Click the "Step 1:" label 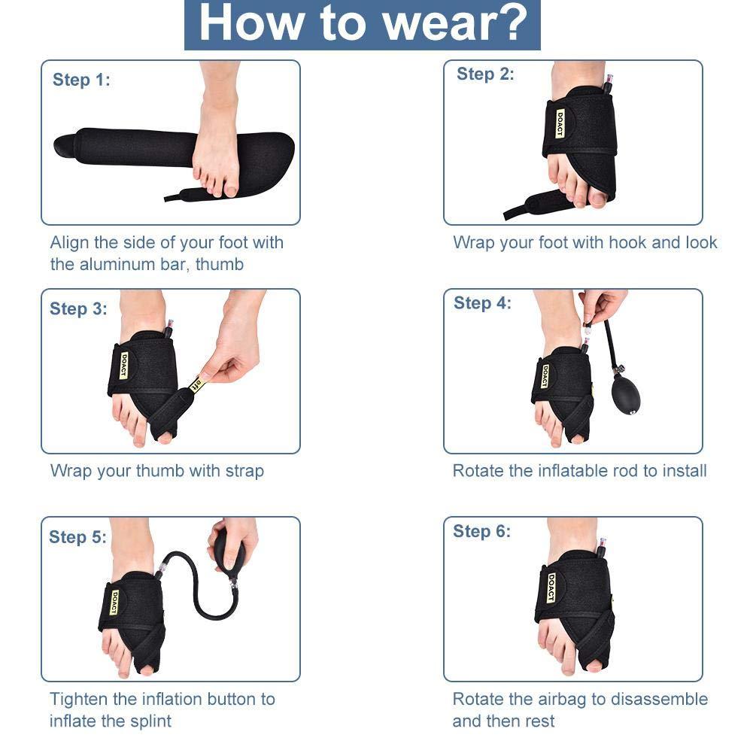pyautogui.click(x=81, y=80)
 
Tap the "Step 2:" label pyautogui.click(x=485, y=74)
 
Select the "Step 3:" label pyautogui.click(x=78, y=308)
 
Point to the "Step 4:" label pyautogui.click(x=482, y=303)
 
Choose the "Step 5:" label pyautogui.click(x=77, y=536)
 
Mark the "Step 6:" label pyautogui.click(x=481, y=531)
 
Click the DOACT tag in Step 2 pyautogui.click(x=560, y=123)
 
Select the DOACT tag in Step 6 pyautogui.click(x=551, y=588)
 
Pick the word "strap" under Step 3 pyautogui.click(x=244, y=472)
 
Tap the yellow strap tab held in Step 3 pyautogui.click(x=198, y=384)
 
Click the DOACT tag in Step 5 pyautogui.click(x=115, y=602)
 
